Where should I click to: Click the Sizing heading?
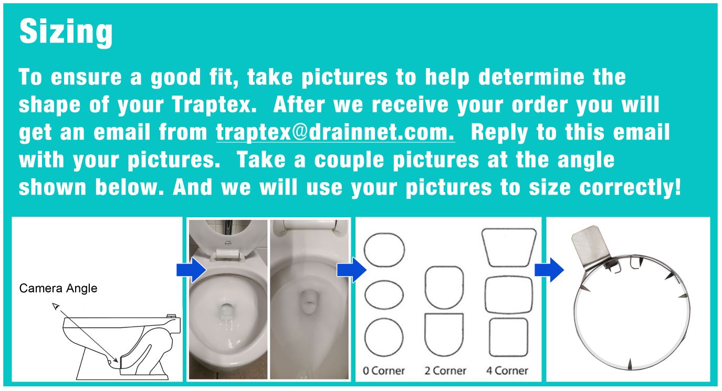[66, 32]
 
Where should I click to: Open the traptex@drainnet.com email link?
[335, 133]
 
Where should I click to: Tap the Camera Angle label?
[58, 288]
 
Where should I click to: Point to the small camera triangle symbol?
[55, 306]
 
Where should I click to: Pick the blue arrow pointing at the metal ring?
[549, 270]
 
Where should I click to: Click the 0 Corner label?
[384, 371]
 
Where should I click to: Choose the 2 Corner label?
[445, 371]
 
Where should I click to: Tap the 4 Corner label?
[507, 371]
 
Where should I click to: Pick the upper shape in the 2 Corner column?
[444, 288]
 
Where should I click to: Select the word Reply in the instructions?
[494, 133]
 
